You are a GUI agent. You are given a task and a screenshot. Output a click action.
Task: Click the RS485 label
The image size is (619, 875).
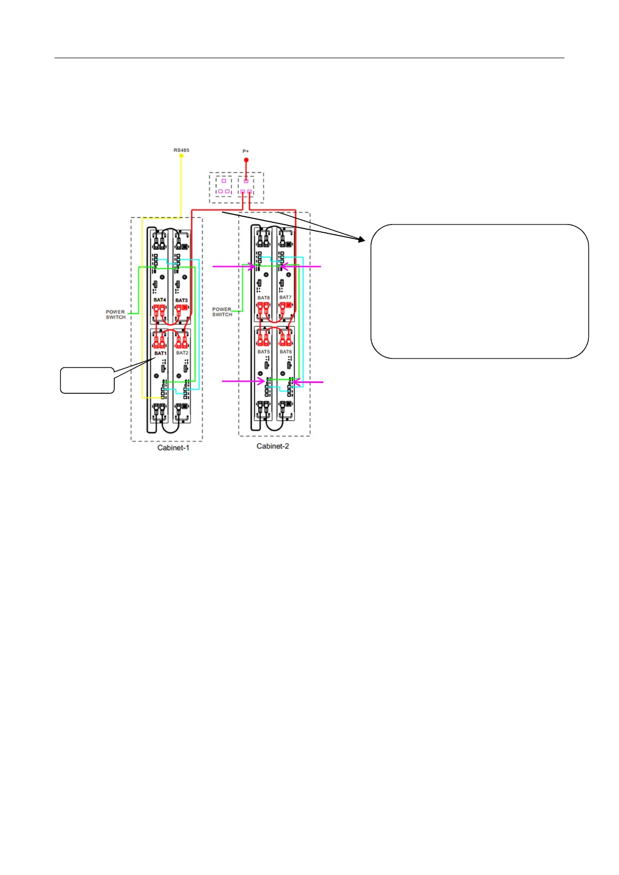[181, 150]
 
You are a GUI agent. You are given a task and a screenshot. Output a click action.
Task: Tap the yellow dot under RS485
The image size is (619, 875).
[181, 155]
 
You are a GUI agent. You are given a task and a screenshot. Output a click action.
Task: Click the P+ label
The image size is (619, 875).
[246, 151]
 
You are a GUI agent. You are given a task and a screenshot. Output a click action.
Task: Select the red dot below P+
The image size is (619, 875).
[246, 160]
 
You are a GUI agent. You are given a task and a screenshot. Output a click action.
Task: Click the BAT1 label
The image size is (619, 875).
[160, 353]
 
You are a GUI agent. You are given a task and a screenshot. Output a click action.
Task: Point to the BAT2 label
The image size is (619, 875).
[182, 353]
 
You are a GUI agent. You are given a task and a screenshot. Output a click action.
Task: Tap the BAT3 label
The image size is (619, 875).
[181, 300]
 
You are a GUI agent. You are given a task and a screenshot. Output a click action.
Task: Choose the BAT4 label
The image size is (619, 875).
[160, 300]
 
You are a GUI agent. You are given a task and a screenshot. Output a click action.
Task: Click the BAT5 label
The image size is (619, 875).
[264, 352]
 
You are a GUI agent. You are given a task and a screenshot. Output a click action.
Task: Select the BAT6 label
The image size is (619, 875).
[285, 352]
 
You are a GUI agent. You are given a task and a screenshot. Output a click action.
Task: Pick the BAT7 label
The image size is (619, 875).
[285, 297]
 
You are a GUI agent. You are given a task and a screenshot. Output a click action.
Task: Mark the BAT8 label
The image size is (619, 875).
[264, 298]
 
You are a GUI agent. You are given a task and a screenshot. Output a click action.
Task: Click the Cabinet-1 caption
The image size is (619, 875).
[173, 447]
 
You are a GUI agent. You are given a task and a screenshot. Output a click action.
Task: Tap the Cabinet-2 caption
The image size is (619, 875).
[272, 446]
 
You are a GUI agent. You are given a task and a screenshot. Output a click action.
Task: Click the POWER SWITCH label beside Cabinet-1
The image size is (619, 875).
[115, 314]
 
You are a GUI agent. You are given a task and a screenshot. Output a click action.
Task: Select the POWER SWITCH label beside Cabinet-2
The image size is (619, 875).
[222, 312]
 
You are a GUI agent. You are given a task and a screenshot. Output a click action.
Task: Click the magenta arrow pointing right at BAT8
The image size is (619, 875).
[234, 267]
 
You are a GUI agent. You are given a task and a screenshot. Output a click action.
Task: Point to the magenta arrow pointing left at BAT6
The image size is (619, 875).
[308, 382]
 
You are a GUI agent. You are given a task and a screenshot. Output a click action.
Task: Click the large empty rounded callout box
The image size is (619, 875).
[479, 291]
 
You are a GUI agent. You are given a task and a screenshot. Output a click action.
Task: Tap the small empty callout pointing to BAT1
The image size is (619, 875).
[87, 380]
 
